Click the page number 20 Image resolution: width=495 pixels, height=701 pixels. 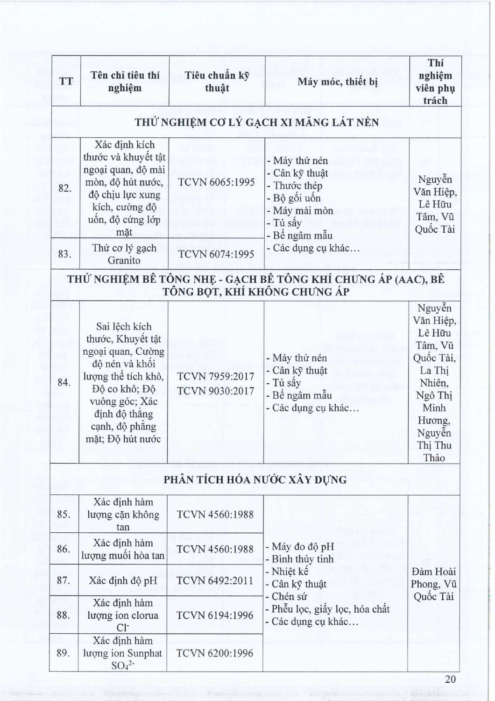450,679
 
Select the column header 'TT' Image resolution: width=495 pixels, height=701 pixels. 66,81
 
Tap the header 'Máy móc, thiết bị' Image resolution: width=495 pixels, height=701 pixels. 337,81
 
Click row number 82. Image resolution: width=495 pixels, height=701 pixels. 66,188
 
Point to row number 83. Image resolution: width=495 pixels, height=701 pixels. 66,254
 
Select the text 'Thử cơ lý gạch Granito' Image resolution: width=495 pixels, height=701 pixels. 124,254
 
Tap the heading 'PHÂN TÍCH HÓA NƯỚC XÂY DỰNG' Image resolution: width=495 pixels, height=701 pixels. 255,479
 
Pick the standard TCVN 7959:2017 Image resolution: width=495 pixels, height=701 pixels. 215,376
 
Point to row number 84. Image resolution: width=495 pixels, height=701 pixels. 66,383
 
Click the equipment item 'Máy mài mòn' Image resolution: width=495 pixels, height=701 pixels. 303,210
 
